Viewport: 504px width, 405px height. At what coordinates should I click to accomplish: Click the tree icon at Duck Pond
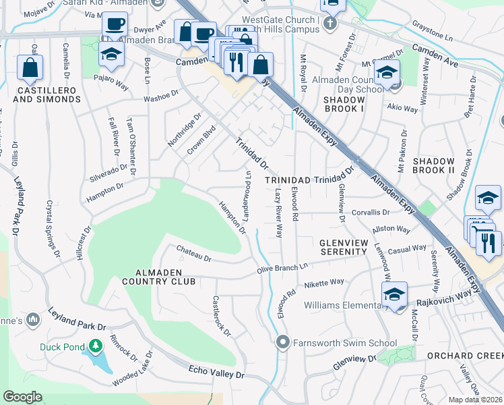[95, 346]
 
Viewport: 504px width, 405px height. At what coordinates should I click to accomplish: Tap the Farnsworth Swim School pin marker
[283, 343]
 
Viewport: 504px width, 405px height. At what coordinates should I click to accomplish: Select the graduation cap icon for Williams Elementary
[394, 294]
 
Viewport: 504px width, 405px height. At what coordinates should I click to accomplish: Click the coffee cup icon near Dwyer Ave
[115, 24]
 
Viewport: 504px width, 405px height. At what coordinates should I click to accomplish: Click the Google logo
[22, 396]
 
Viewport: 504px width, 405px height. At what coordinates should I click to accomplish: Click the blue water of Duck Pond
[103, 362]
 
